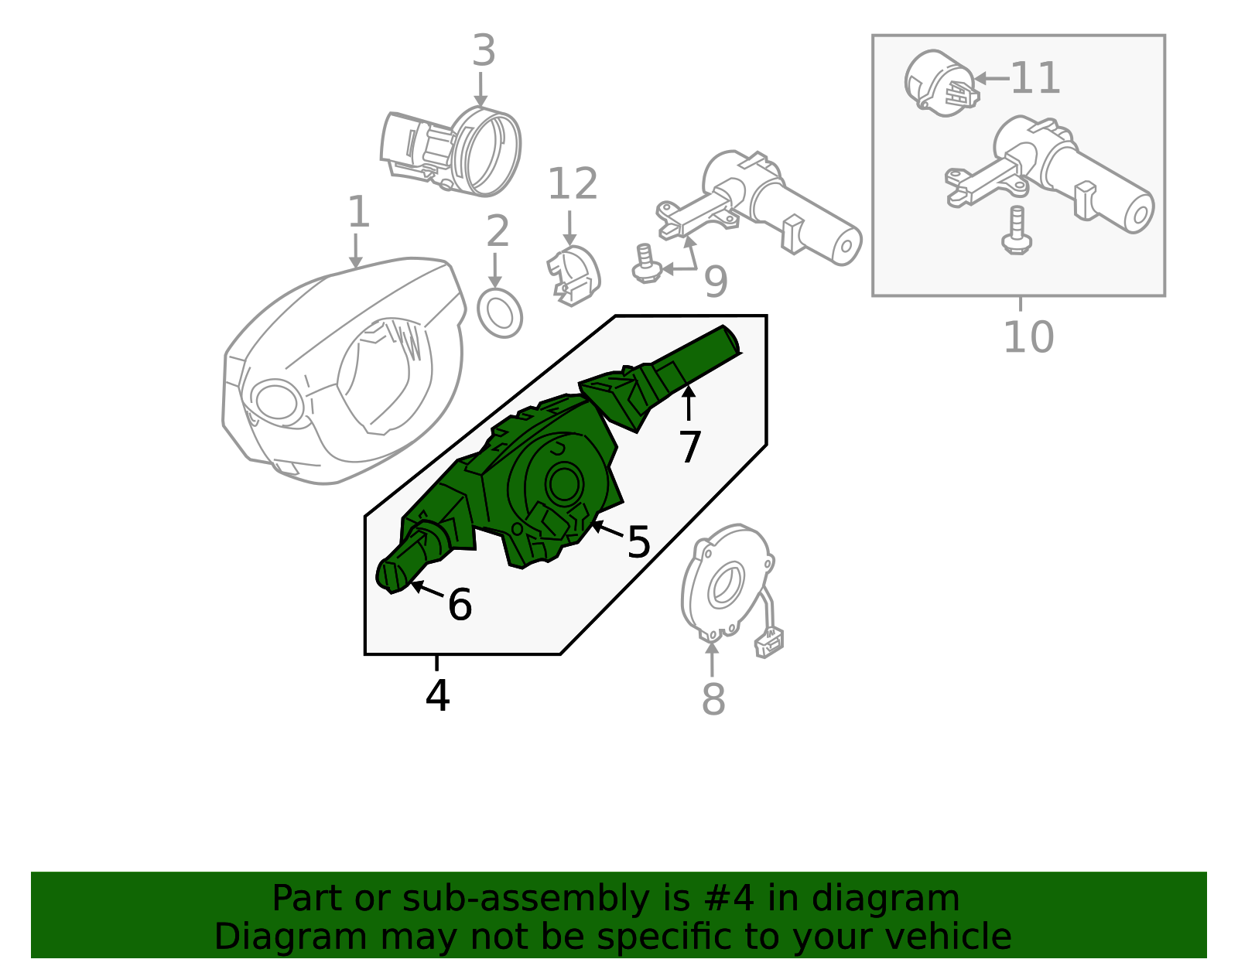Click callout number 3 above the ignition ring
tap(484, 52)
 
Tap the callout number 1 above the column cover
tap(357, 213)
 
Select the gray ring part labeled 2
tap(500, 313)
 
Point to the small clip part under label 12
tap(574, 275)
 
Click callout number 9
tap(716, 282)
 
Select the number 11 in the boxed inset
tap(1035, 79)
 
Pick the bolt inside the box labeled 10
tap(1017, 231)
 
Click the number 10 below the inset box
tap(1028, 337)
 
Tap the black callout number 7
tap(689, 447)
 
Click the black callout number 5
tap(638, 542)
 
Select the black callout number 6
tap(460, 605)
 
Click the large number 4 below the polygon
tap(437, 696)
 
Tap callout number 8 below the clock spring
tap(713, 699)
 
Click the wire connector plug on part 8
tap(769, 643)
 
